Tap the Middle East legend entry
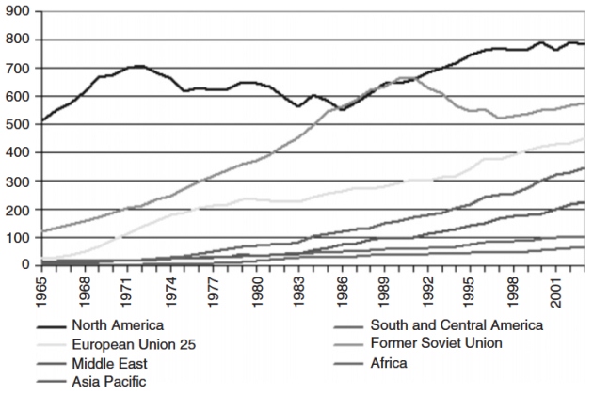tap(107, 363)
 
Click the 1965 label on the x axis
tap(41, 286)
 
